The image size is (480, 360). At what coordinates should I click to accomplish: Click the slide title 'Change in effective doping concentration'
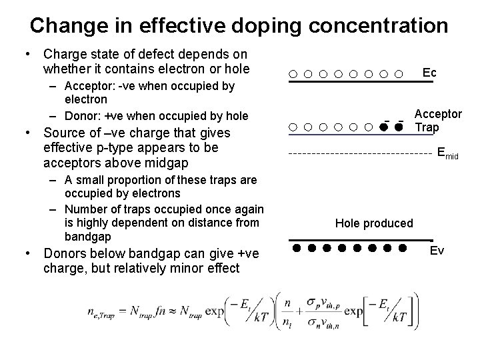tap(239, 25)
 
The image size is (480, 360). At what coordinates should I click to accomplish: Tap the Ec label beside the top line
tap(429, 71)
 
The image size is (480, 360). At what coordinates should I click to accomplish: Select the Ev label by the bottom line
tap(437, 251)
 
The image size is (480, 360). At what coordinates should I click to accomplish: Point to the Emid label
tap(448, 154)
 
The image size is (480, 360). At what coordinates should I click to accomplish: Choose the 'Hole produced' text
tap(374, 223)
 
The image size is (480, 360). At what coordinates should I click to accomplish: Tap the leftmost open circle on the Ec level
tap(293, 74)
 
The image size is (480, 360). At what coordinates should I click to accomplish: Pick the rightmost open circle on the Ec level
tap(399, 74)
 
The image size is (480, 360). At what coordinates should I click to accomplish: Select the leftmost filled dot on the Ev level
tap(295, 249)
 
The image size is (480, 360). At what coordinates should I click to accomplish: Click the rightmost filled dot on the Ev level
tap(403, 249)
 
